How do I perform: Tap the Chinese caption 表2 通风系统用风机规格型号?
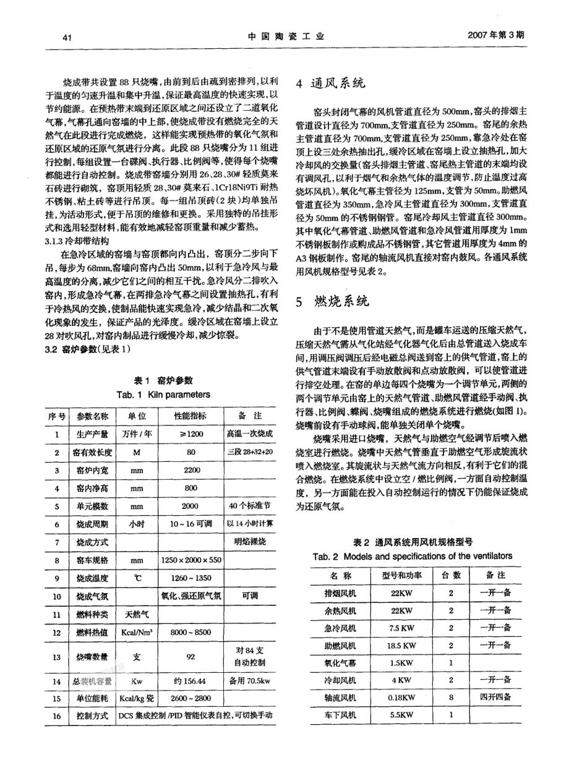[x=413, y=542]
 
